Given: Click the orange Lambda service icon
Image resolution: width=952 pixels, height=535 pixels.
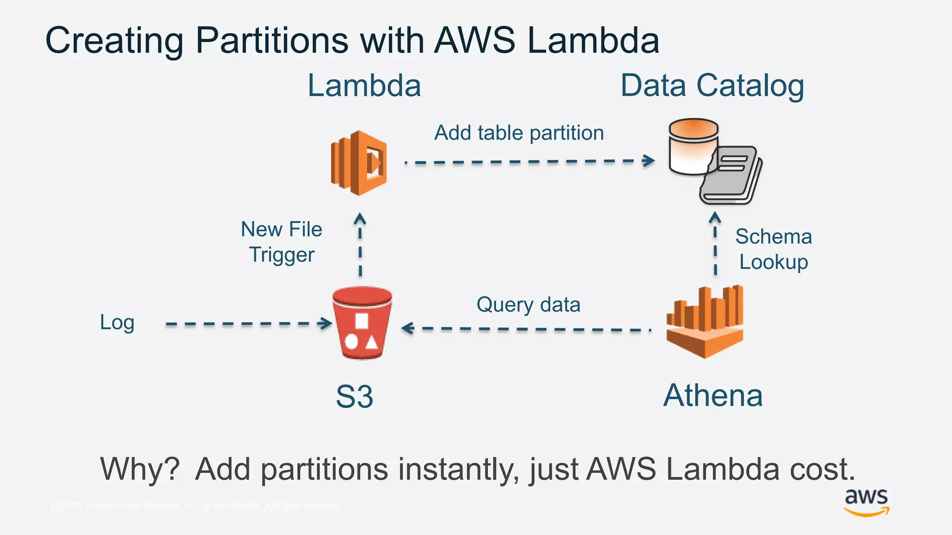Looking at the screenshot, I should (359, 163).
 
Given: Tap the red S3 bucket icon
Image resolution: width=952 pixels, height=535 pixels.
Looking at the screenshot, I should (362, 323).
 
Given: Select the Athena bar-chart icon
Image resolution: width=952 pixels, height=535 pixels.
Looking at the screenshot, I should (705, 322).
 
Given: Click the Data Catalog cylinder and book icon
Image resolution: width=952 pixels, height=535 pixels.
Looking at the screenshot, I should (714, 161).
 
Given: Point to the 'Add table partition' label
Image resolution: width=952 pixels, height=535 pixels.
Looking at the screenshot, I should (519, 133).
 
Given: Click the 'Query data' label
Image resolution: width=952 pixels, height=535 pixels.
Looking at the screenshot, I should (528, 305).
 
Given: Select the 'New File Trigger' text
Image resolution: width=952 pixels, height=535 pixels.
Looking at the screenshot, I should (282, 242).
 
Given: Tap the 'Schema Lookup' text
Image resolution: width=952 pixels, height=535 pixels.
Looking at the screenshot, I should (773, 249).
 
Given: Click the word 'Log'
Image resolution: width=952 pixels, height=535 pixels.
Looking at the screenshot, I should (117, 322).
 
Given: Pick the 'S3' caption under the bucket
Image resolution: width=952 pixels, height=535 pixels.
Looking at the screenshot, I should (354, 397).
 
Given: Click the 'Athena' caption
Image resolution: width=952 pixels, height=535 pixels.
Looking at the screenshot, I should (713, 396).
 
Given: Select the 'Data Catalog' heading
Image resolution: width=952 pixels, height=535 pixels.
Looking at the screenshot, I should (712, 86).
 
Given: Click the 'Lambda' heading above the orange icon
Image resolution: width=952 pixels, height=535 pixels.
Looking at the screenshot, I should (364, 86).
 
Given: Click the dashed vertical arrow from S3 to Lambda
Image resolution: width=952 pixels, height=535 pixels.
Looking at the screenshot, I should (360, 246).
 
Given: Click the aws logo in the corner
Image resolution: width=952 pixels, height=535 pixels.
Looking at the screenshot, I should (866, 502).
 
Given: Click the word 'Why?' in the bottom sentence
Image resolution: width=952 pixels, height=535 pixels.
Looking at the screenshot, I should (140, 469).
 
